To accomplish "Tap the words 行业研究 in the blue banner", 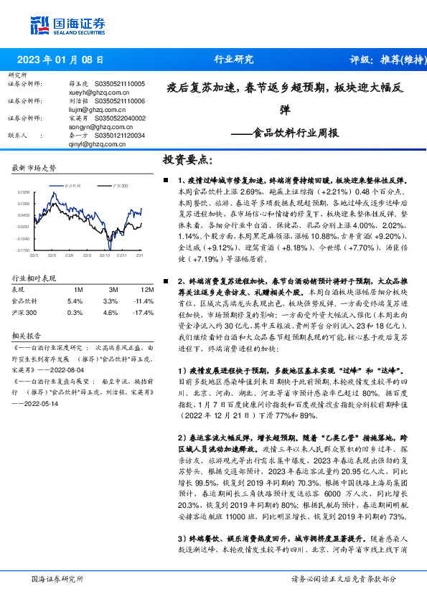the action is pyautogui.click(x=234, y=60).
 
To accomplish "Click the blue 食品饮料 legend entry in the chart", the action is pyautogui.click(x=74, y=186).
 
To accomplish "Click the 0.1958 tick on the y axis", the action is pyautogui.click(x=23, y=192).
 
